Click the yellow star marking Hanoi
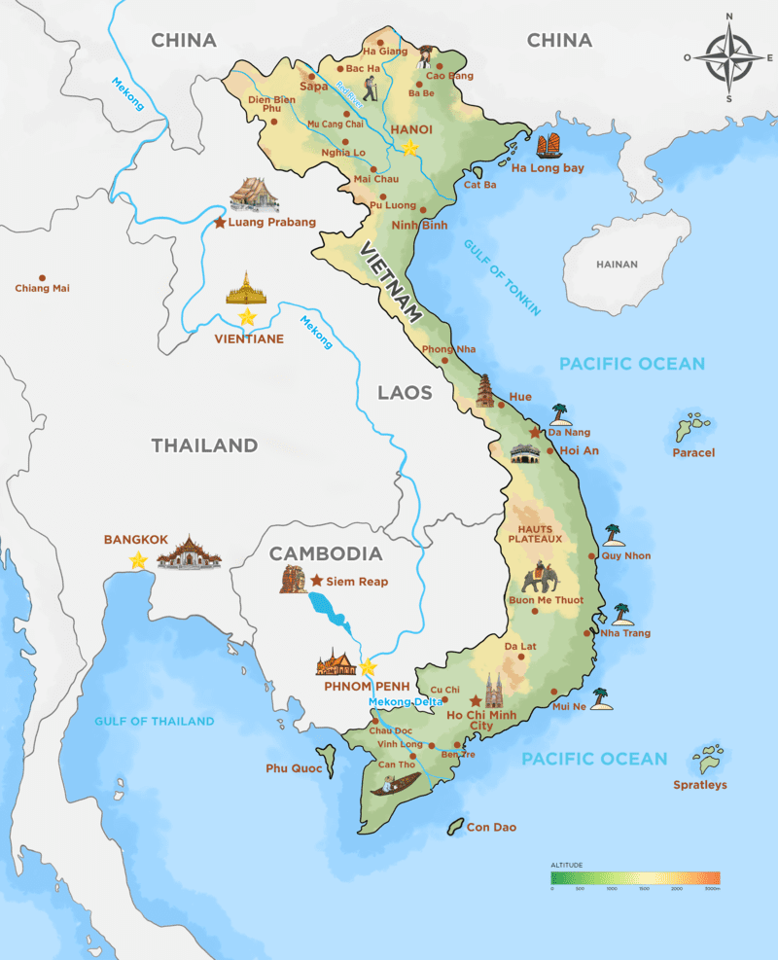(410, 148)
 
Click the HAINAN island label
(618, 265)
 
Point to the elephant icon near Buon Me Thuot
(540, 579)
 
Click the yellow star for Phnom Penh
(368, 667)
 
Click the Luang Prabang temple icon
(254, 195)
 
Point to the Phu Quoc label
(293, 768)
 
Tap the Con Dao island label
(492, 828)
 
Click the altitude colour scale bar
(635, 876)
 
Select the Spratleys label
(700, 785)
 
